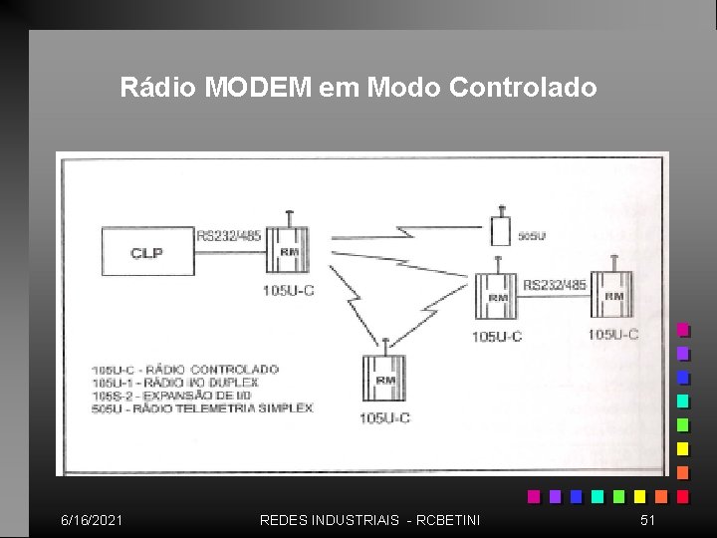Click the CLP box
(146, 253)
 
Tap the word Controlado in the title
(523, 88)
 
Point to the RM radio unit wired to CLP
(289, 251)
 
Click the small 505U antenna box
(501, 231)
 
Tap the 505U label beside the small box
(532, 237)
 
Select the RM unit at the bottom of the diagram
(383, 379)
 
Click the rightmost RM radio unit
(613, 295)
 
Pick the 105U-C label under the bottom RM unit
(384, 417)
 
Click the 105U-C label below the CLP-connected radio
(289, 290)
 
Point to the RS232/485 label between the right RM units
(555, 285)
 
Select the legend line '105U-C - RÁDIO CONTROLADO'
(185, 370)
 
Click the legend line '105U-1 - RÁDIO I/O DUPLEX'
(175, 383)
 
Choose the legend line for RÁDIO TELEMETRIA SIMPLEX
(202, 408)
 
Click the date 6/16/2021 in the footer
(92, 520)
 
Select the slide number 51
(647, 520)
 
